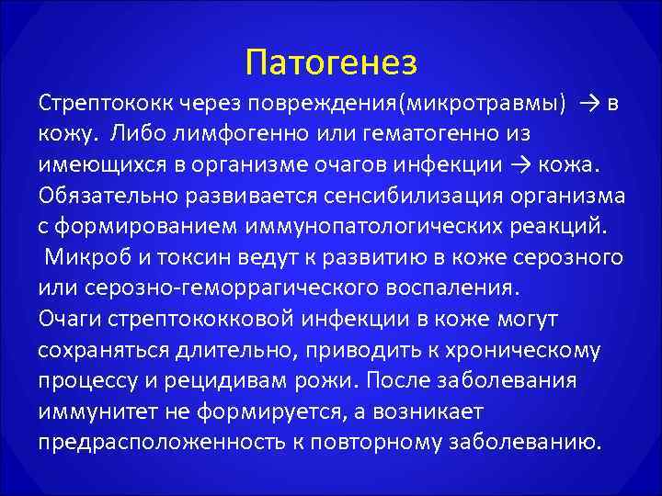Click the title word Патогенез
tap(332, 62)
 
